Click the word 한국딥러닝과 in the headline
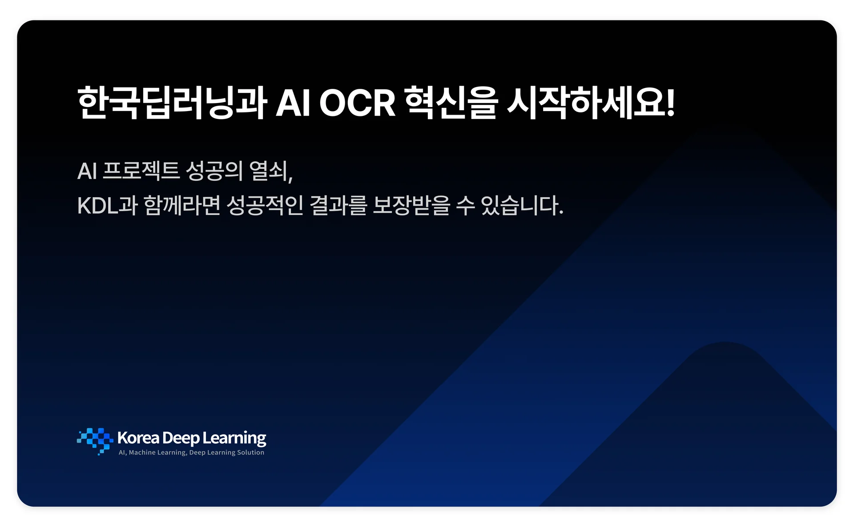click(172, 103)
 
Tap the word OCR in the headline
click(357, 103)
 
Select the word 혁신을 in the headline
click(451, 103)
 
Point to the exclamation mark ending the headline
click(670, 103)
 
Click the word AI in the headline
click(293, 103)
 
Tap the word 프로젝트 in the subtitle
click(141, 171)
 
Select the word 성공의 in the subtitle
click(214, 171)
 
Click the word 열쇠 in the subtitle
click(268, 171)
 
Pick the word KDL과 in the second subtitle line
click(107, 206)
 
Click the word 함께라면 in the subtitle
click(182, 206)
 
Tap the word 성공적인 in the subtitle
click(265, 206)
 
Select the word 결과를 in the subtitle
click(338, 206)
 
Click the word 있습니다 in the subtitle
click(519, 206)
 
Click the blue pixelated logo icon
click(95, 441)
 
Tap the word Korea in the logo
click(138, 438)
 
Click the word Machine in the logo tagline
click(142, 453)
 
